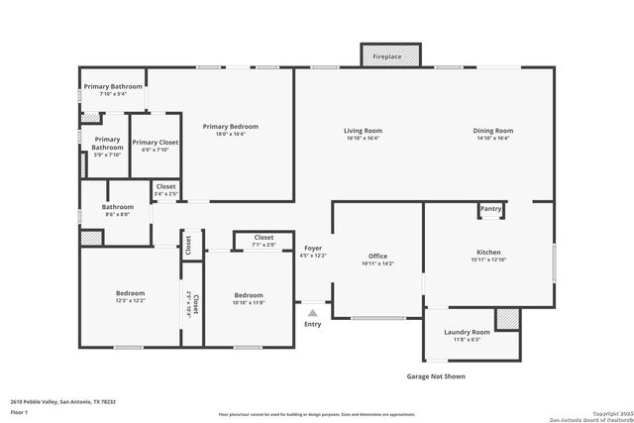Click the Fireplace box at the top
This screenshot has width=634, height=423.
point(387,56)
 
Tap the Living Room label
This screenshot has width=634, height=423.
point(363,131)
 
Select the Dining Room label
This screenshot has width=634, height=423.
point(492,131)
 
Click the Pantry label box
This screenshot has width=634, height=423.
point(491,209)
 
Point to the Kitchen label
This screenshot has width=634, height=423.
point(489,253)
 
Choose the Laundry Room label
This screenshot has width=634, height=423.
point(466,332)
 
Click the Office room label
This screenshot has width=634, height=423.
point(377,256)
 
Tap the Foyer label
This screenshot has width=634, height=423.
point(313,248)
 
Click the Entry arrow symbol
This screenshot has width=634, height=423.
point(313,313)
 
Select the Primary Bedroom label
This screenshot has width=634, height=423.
point(231,126)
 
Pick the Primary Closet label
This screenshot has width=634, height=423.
point(156,143)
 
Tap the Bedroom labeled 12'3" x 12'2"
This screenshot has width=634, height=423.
point(130,293)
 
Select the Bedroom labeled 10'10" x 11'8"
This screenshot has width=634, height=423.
point(249,295)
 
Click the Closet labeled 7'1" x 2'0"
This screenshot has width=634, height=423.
point(264,238)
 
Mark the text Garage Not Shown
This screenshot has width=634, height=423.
point(436,376)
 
